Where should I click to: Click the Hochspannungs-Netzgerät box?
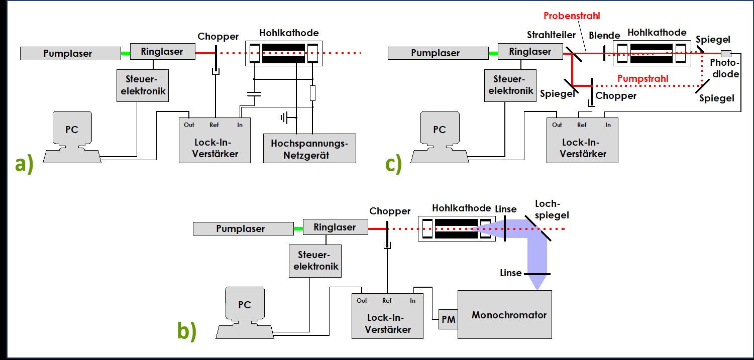[309, 148]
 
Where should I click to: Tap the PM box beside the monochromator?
[448, 319]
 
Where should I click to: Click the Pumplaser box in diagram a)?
[67, 53]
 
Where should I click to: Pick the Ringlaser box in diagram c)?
[530, 51]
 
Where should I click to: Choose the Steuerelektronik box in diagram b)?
[315, 261]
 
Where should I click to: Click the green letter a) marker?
[24, 164]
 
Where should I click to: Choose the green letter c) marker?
[393, 164]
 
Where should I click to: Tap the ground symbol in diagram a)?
[286, 118]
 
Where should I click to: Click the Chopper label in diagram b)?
[389, 211]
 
